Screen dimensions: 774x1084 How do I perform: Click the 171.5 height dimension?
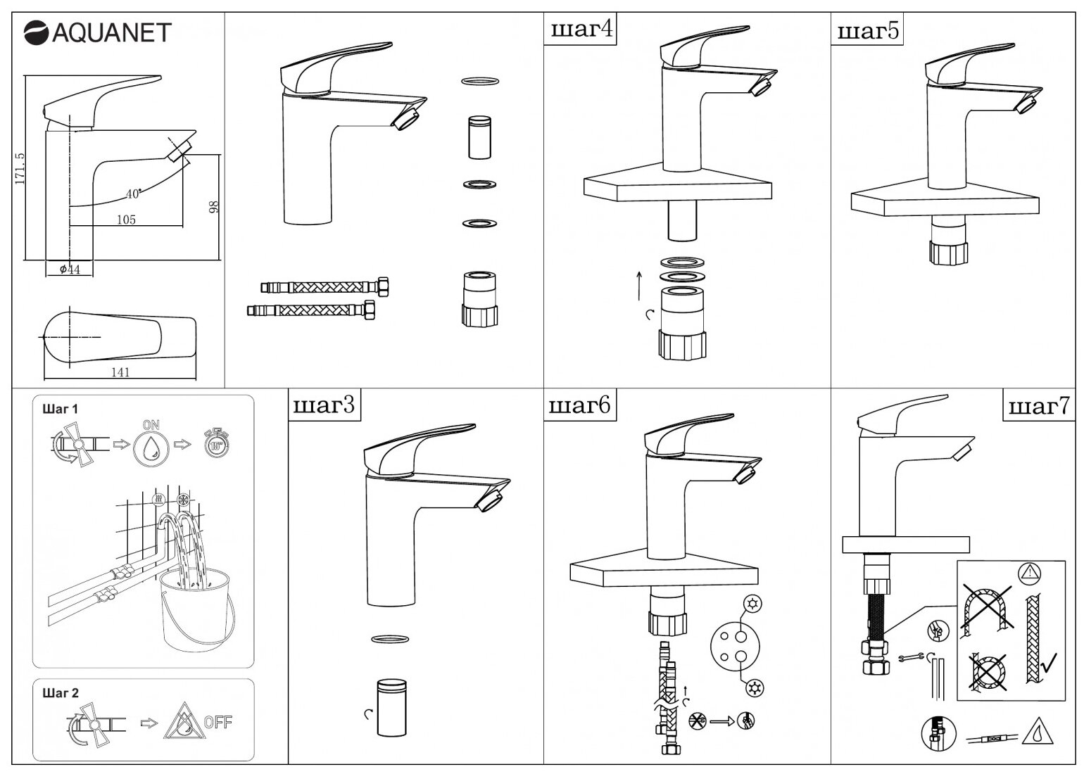20,168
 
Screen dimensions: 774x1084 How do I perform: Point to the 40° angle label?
133,193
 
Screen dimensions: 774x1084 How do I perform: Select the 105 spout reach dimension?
125,220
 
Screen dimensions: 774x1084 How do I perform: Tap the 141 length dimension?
120,372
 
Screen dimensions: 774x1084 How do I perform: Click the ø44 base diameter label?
69,269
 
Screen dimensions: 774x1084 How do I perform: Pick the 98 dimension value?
214,206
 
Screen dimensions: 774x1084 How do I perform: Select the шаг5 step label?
868,31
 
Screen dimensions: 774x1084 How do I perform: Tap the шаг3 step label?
323,406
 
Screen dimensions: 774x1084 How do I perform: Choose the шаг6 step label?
579,406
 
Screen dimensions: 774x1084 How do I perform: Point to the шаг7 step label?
1039,406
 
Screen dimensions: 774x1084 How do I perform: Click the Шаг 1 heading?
61,410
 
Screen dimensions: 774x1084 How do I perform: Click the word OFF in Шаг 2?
218,722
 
